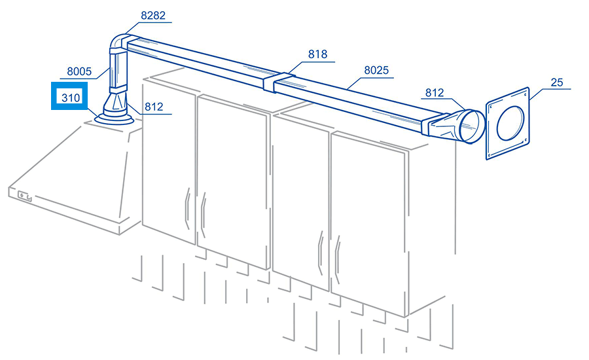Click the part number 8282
[x=153, y=16]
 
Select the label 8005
[x=79, y=71]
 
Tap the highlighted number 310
[x=71, y=98]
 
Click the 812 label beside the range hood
[x=154, y=107]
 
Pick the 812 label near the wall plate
[x=435, y=93]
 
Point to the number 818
[x=318, y=54]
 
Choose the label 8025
[x=376, y=70]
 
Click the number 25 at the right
[x=557, y=82]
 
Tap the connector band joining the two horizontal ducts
[x=279, y=82]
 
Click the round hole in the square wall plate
[x=510, y=122]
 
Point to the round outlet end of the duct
[x=472, y=126]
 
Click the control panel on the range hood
[x=24, y=196]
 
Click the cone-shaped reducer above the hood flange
[x=116, y=105]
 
